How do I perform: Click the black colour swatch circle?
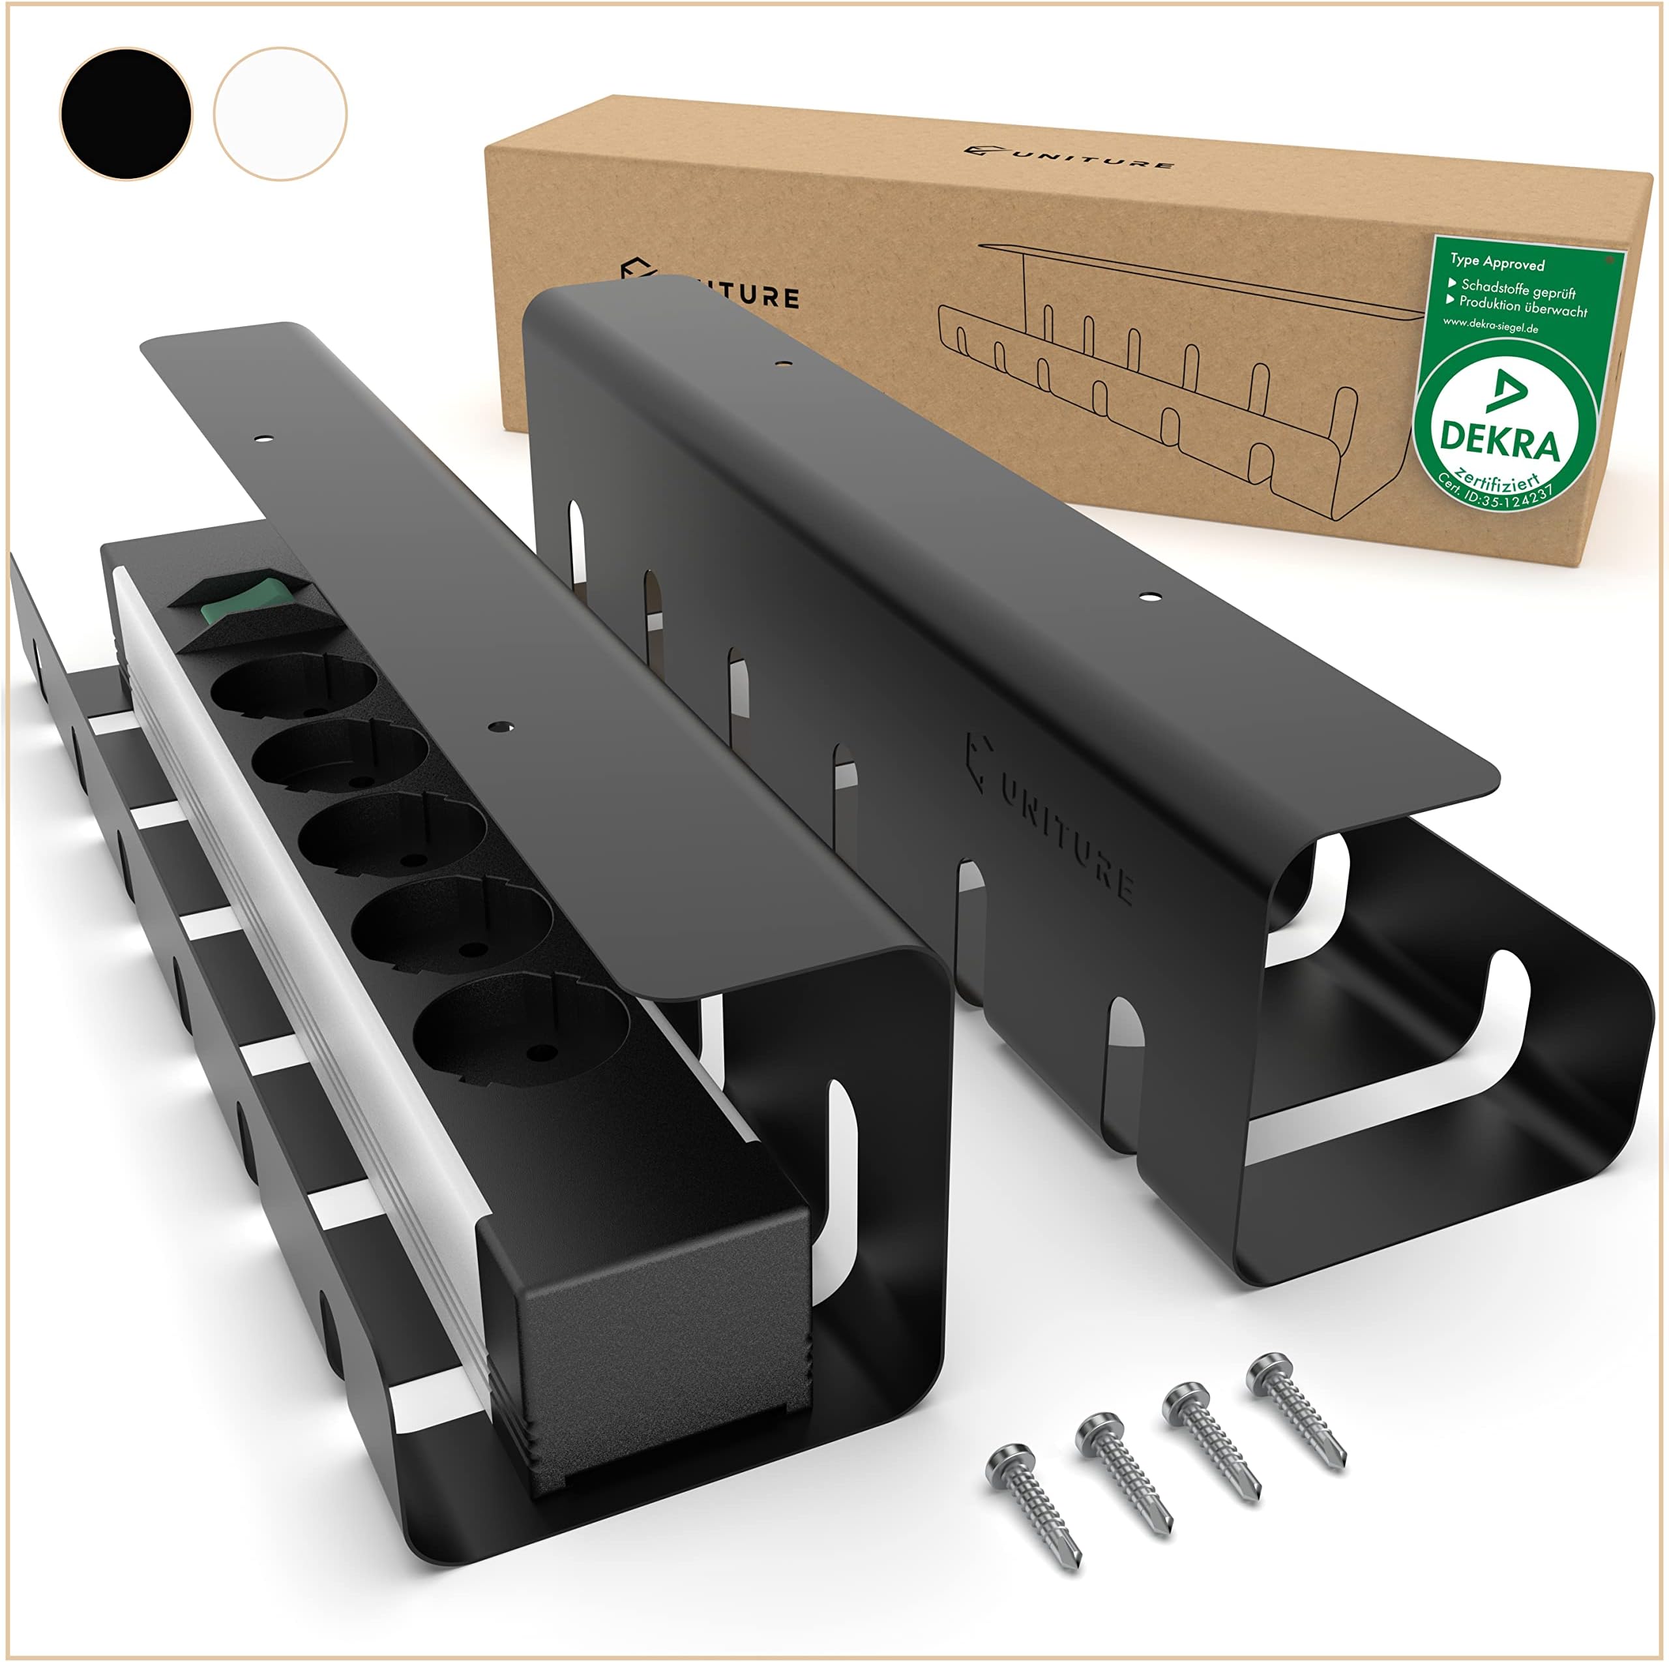[126, 114]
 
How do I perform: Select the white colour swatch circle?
[280, 114]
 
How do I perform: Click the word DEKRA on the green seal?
[1499, 442]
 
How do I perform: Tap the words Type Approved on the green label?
[1496, 262]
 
